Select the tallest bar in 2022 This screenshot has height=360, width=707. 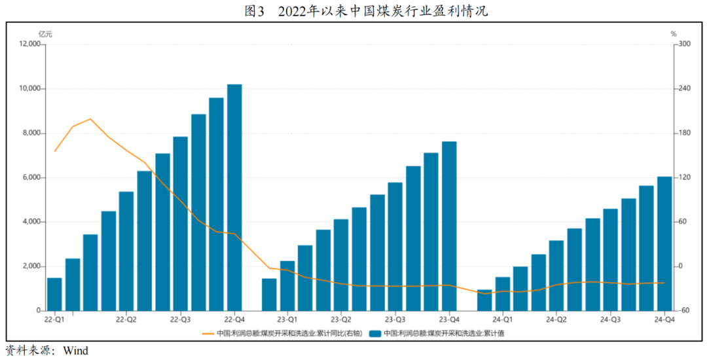pos(234,197)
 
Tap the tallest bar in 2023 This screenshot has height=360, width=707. pos(449,226)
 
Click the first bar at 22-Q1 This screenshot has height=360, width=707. pos(55,294)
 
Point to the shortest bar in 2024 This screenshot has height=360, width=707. pos(484,300)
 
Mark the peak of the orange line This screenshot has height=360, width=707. pos(90,119)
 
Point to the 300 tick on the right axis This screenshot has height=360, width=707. pos(685,45)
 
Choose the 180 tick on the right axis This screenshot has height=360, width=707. pos(685,134)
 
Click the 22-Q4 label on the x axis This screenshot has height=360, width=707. pos(234,319)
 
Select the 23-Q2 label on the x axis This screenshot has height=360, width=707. pos(341,319)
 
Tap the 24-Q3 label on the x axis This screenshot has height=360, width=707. pos(611,319)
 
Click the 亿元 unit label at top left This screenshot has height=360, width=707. pos(45,33)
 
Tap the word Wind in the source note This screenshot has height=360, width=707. pos(76,351)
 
